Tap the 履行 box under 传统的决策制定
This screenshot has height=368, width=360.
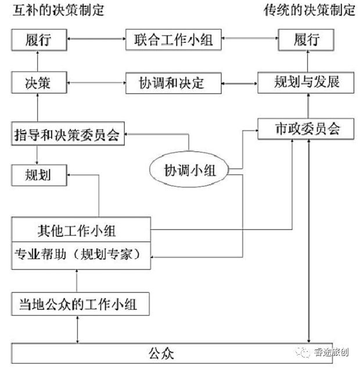(307, 41)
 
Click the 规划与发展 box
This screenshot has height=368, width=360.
(307, 83)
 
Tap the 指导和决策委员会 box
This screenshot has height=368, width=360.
(67, 135)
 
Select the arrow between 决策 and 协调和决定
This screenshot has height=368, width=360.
(96, 83)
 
